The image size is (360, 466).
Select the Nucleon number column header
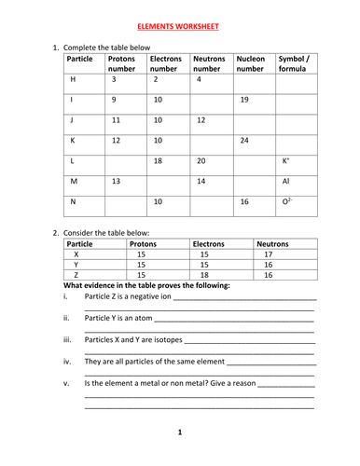point(251,64)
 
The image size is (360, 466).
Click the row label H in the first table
point(71,80)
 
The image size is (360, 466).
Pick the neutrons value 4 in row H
point(198,80)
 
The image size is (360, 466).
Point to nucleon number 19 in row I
point(243,99)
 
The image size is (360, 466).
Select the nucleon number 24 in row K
point(243,141)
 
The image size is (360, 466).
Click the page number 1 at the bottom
point(180,432)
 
